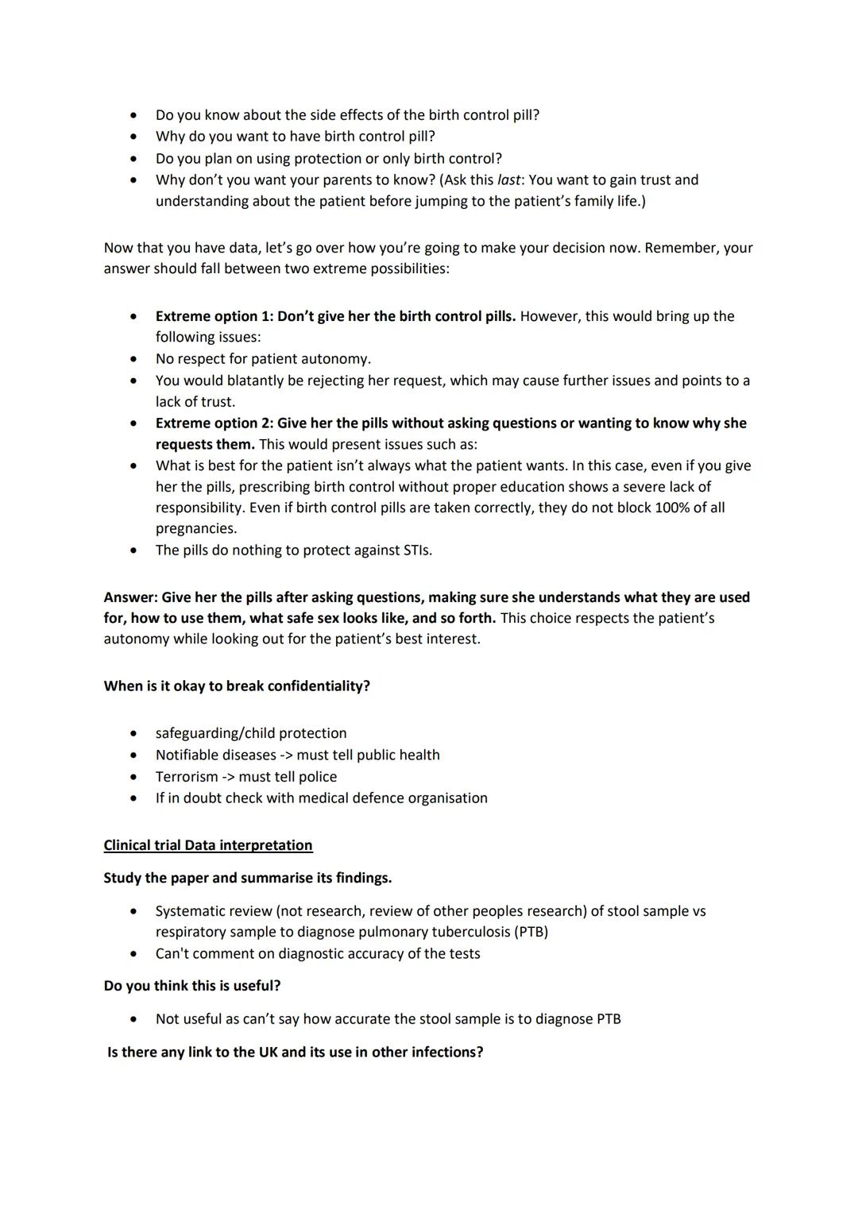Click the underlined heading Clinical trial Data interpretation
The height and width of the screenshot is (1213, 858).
click(208, 845)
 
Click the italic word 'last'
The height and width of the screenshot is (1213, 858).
click(508, 180)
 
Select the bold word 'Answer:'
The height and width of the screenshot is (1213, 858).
click(130, 597)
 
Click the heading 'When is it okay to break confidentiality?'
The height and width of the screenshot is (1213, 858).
click(237, 686)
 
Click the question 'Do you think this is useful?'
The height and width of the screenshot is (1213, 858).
click(192, 986)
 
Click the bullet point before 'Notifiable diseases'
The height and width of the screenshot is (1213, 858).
click(133, 755)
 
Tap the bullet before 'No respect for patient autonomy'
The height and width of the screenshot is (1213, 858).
click(133, 359)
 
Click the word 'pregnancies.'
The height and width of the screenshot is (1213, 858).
click(196, 529)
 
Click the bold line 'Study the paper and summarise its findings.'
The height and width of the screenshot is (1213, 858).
click(247, 879)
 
